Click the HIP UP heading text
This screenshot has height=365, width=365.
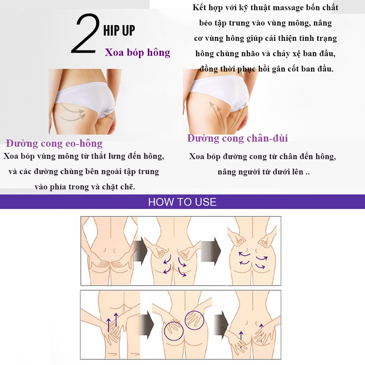(119, 31)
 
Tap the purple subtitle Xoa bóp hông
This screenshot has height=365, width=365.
(138, 53)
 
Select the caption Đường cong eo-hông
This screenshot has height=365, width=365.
(54, 143)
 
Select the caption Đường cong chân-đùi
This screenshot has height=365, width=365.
(237, 138)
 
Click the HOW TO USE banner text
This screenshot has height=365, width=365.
(182, 202)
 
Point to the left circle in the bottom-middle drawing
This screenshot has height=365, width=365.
(174, 331)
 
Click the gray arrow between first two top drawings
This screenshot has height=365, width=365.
(141, 251)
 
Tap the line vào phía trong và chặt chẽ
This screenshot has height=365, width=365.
(85, 187)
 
